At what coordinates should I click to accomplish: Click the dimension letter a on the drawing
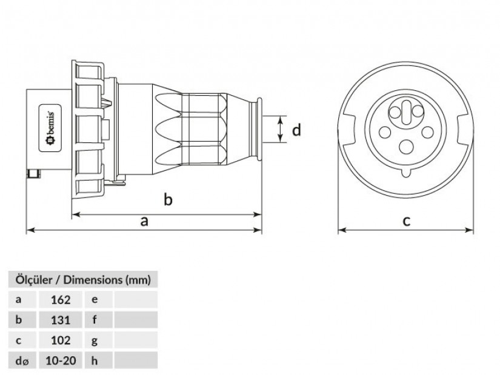(144, 221)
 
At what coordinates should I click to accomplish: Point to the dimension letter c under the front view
(406, 221)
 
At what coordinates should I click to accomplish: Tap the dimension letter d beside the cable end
(296, 130)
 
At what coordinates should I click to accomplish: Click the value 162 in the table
(62, 299)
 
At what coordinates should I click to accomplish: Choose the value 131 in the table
(62, 320)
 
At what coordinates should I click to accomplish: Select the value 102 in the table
(62, 340)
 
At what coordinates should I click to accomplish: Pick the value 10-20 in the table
(62, 361)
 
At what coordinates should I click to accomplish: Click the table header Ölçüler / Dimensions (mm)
(82, 279)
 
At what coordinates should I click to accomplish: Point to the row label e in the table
(95, 299)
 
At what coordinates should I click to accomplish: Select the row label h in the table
(95, 361)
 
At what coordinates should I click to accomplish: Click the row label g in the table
(95, 340)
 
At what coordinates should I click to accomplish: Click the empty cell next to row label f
(135, 320)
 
